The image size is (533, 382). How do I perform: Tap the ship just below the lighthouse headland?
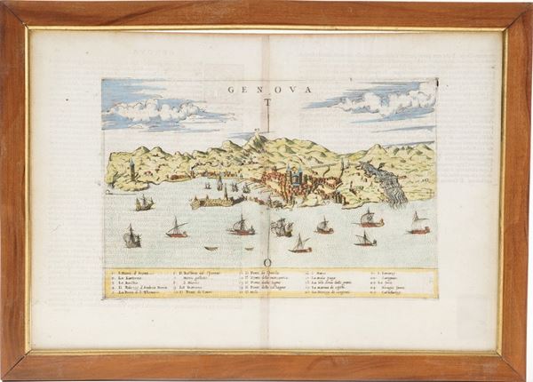tap(143, 203)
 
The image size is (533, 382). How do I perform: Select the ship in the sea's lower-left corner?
tap(131, 237)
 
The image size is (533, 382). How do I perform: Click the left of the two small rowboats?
tap(210, 248)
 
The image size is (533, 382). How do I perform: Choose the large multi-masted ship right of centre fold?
tap(282, 227)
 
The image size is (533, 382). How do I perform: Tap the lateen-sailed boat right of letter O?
tap(301, 244)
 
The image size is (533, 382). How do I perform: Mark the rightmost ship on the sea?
tap(418, 224)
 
